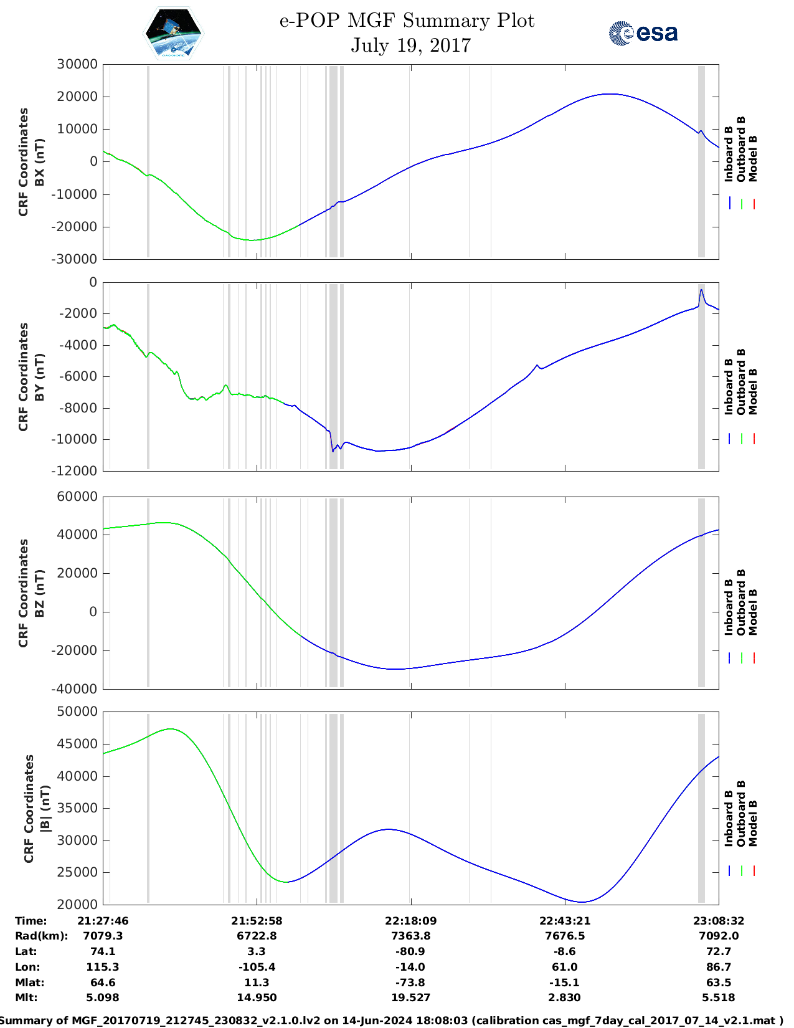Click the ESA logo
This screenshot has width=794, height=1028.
pos(643,33)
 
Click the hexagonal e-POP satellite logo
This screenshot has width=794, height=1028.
pos(173,34)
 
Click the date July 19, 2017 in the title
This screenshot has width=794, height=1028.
pos(410,45)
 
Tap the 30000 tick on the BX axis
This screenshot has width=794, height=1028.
pos(77,64)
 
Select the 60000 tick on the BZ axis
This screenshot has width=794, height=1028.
pos(77,497)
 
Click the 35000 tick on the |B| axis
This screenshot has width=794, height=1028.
pos(77,808)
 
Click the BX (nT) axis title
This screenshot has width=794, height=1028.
pos(39,162)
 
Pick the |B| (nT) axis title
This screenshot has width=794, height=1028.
pos(44,808)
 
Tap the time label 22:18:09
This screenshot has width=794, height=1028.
pos(410,921)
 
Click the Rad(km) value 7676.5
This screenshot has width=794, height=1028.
pos(564,936)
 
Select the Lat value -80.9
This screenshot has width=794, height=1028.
pos(410,951)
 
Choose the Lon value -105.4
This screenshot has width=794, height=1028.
pos(257,967)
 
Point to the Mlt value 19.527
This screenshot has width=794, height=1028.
pos(410,997)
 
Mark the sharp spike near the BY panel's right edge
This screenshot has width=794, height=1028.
pos(701,290)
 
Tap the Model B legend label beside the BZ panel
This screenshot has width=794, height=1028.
pos(753,612)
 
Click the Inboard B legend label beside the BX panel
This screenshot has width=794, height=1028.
pos(729,154)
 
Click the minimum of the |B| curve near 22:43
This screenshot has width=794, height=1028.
pos(582,902)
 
